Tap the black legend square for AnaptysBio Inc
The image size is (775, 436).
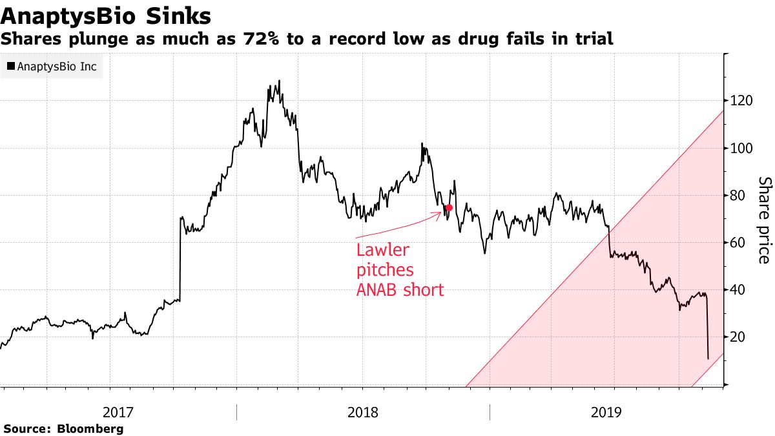click(11, 66)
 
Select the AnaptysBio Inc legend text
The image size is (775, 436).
click(57, 66)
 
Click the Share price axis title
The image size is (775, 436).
click(763, 220)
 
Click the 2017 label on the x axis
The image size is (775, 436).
click(118, 411)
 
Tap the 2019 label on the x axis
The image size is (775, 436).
click(606, 411)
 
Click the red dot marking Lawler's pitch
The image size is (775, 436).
click(449, 207)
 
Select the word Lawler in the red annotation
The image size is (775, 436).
click(383, 250)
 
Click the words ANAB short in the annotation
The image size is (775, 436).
click(400, 290)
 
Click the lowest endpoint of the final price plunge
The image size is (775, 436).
click(708, 358)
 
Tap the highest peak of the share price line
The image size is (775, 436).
click(279, 81)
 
